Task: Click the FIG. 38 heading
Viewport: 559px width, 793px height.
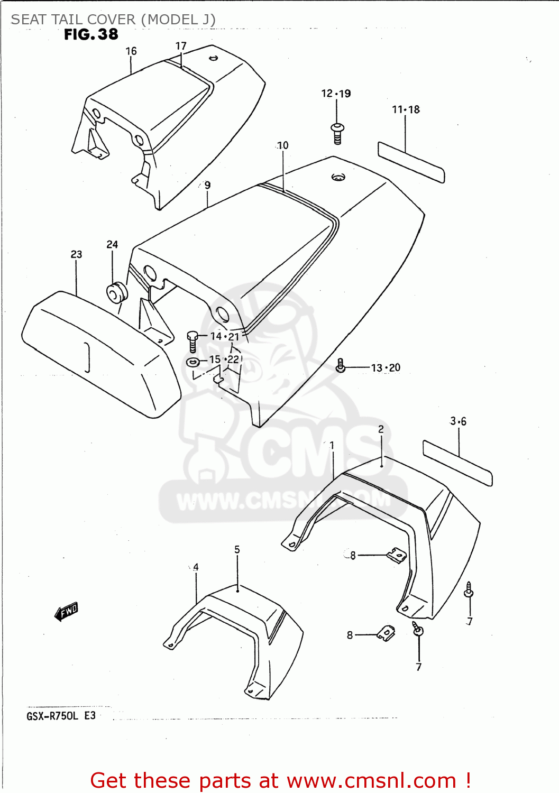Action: coord(91,35)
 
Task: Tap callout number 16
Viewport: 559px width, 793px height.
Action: coord(131,51)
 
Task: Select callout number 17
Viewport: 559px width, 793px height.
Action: coord(181,46)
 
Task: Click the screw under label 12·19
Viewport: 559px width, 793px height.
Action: coord(337,133)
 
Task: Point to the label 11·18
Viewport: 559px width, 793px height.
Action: coord(406,109)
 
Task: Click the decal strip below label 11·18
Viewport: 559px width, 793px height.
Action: coord(411,162)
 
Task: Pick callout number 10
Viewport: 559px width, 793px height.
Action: coord(283,145)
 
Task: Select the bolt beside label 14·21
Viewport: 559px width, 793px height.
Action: coord(193,341)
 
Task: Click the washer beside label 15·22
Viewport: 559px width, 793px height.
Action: coord(193,362)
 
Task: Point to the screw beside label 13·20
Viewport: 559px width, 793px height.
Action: coord(341,365)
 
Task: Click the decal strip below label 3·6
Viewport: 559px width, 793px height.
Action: coord(457,463)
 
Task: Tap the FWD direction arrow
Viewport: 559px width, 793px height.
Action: coord(67,612)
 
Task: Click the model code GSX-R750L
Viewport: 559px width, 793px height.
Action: coord(52,716)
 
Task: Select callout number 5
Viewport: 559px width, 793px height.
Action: coord(237,550)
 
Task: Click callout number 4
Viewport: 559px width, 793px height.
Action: coord(196,567)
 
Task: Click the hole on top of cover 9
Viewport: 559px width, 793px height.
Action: coord(338,177)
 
